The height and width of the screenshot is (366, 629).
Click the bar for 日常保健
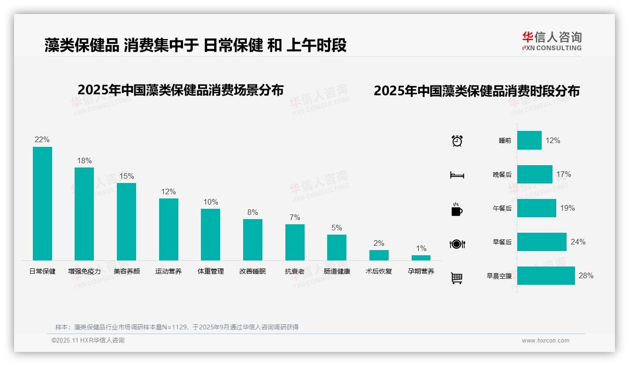[42, 204]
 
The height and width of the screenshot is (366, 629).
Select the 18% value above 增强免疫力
[84, 161]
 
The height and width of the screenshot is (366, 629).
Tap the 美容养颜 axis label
[127, 271]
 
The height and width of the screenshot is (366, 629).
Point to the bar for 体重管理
[210, 235]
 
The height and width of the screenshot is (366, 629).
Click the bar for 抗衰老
[295, 242]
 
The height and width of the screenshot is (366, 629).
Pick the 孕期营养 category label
[421, 271]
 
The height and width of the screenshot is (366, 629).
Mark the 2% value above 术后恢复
[379, 243]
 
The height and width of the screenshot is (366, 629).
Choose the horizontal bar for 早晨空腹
[546, 275]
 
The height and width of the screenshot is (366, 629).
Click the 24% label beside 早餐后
[578, 242]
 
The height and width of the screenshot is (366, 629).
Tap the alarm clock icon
[457, 141]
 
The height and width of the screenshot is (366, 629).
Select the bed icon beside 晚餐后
[457, 175]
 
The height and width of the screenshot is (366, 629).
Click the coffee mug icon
[457, 209]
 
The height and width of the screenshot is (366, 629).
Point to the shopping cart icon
[457, 278]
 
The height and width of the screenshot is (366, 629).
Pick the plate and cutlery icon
[457, 244]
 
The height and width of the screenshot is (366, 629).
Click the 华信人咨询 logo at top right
[552, 41]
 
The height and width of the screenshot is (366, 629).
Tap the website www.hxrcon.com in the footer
[545, 341]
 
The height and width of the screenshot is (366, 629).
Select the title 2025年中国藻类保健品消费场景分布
[181, 90]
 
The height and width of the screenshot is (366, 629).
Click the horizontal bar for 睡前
[529, 140]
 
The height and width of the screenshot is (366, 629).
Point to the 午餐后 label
[502, 208]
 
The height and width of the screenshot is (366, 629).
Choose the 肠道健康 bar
[337, 247]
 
